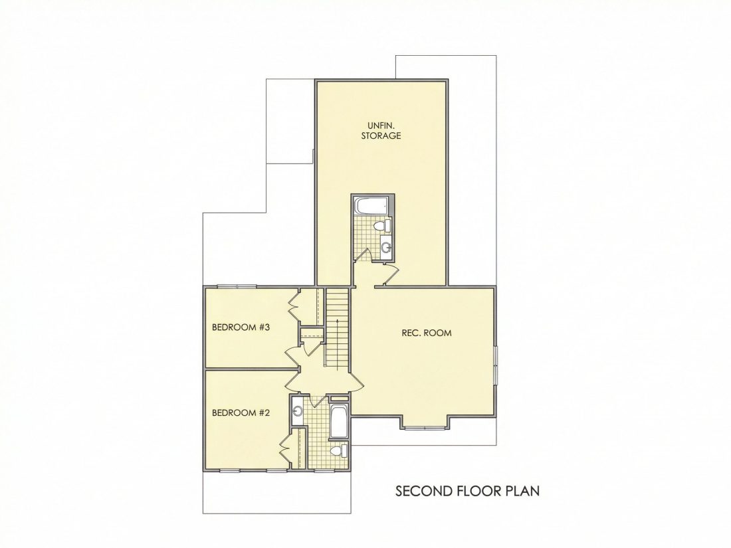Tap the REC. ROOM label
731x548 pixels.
click(x=427, y=333)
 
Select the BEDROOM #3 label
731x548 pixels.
click(x=241, y=327)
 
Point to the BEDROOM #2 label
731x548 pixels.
click(x=241, y=412)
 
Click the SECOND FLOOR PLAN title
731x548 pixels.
click(x=468, y=491)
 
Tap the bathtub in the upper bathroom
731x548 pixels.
click(x=371, y=206)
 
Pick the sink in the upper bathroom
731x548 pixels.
click(x=385, y=245)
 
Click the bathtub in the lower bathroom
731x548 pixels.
click(x=338, y=422)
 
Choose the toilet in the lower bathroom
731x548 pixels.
click(x=340, y=451)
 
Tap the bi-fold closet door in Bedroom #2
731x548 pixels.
click(x=285, y=448)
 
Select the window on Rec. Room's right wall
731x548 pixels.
click(x=496, y=365)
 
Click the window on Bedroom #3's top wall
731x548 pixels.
click(x=237, y=286)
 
